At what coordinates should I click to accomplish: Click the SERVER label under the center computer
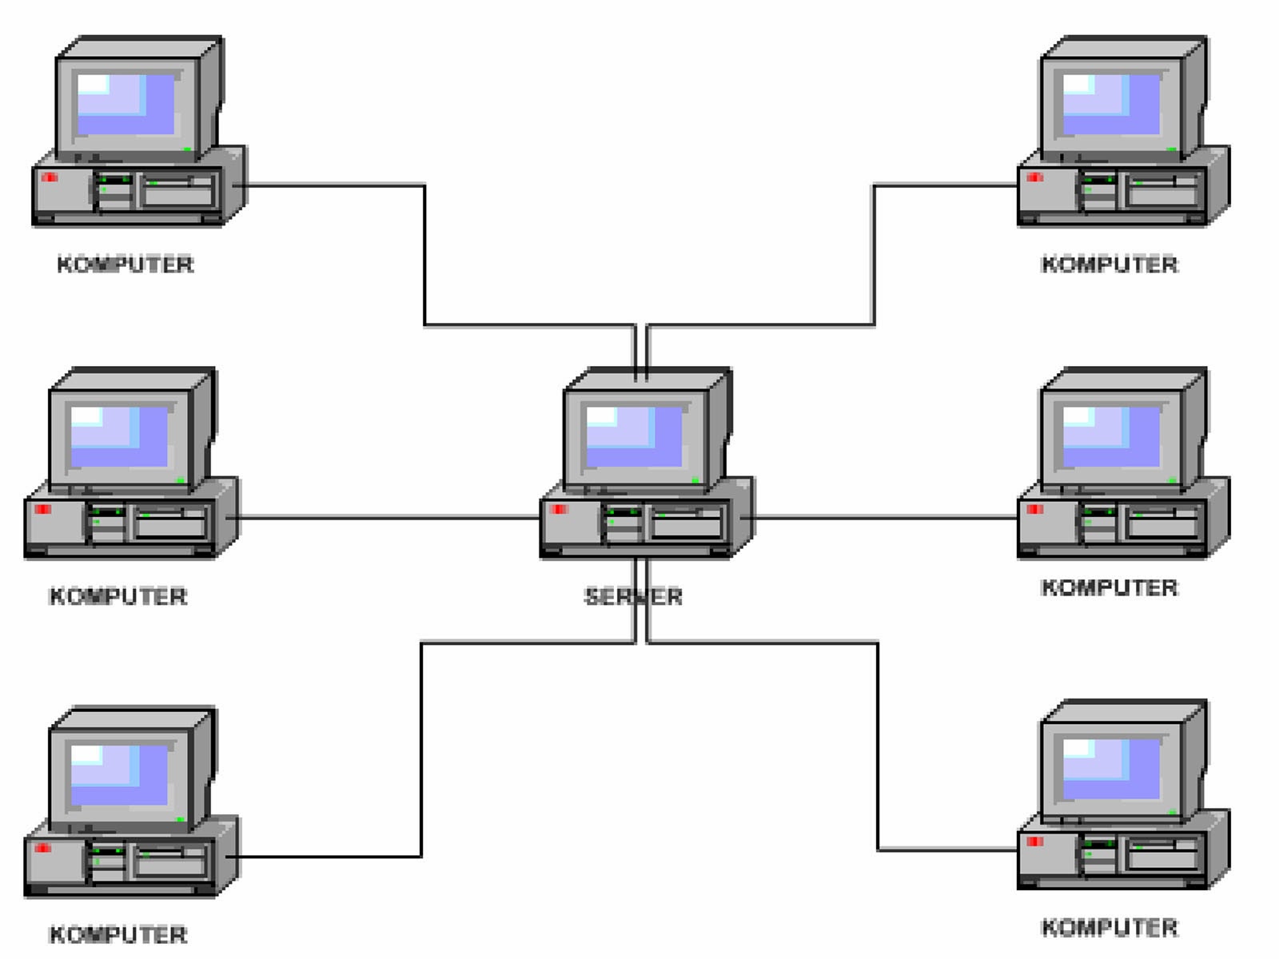point(633,596)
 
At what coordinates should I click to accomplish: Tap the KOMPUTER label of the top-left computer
point(126,265)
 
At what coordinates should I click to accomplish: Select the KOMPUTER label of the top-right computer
point(1110,265)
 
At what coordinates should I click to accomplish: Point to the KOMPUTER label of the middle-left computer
point(118,596)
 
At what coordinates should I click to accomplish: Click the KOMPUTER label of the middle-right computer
point(1110,588)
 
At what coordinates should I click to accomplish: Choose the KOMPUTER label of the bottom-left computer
point(118,934)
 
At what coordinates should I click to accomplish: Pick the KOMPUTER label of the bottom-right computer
point(1110,928)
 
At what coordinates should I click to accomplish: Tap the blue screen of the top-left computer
point(126,105)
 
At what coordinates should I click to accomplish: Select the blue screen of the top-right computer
point(1112,105)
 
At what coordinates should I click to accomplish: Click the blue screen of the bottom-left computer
point(120,774)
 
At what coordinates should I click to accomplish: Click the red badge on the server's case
point(558,509)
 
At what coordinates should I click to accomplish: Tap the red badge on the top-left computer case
point(50,177)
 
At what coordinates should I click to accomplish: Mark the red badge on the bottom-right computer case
point(1035,842)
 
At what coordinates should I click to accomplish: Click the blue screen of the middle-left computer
point(120,436)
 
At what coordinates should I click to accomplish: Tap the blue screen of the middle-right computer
point(1112,436)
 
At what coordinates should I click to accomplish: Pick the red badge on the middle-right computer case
point(1035,509)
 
